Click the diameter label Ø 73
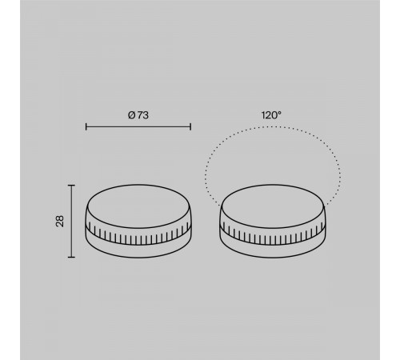point(138,115)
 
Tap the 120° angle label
point(271,115)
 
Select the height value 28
point(60,221)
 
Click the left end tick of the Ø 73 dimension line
point(86,126)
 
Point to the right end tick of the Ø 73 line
point(190,126)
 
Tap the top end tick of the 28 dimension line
point(71,185)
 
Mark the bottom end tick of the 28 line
point(71,258)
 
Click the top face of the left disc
point(138,206)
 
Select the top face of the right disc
point(272,206)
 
